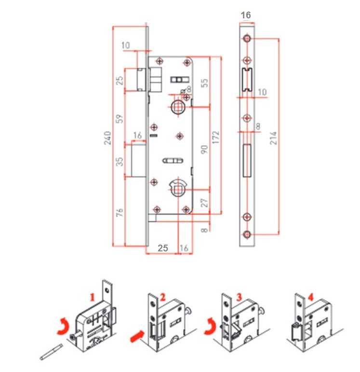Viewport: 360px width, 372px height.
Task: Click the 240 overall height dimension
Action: [x=108, y=138]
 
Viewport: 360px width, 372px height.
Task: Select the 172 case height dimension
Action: [x=215, y=138]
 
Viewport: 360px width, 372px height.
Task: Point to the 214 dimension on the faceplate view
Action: [x=273, y=138]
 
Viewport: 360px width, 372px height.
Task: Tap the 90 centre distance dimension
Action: [x=204, y=150]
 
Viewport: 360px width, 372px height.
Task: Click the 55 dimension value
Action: [x=204, y=83]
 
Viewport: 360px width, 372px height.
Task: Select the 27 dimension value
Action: [x=204, y=203]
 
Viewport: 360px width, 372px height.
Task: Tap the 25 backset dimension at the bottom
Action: [x=163, y=248]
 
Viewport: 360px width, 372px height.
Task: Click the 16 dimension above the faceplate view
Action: [x=245, y=15]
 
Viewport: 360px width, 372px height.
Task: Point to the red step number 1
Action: [x=93, y=297]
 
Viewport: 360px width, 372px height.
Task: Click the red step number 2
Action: [x=162, y=298]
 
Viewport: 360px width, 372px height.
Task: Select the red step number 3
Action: [x=239, y=297]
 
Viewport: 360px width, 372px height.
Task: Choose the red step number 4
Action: [x=311, y=297]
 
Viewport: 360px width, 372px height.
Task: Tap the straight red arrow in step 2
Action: [x=137, y=336]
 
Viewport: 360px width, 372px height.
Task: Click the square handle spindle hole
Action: [x=177, y=107]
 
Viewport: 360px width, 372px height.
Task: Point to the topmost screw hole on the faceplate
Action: [x=247, y=38]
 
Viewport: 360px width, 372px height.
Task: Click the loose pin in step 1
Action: [x=51, y=352]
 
